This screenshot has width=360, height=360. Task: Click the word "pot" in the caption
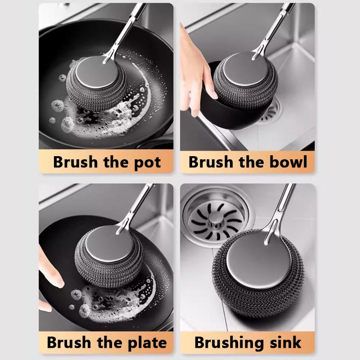[146, 162]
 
